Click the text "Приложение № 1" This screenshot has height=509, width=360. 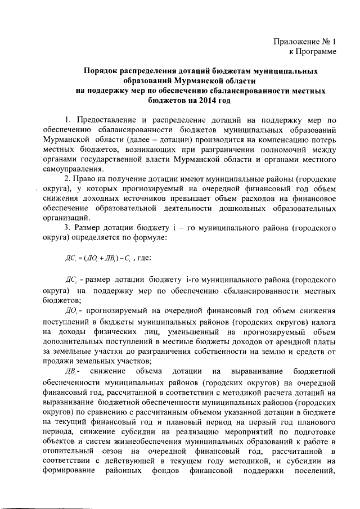304,42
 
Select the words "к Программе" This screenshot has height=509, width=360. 309,52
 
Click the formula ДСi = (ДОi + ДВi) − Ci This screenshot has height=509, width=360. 96,259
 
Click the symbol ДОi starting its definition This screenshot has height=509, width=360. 73,311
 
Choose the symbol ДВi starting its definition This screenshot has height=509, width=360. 73,372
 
